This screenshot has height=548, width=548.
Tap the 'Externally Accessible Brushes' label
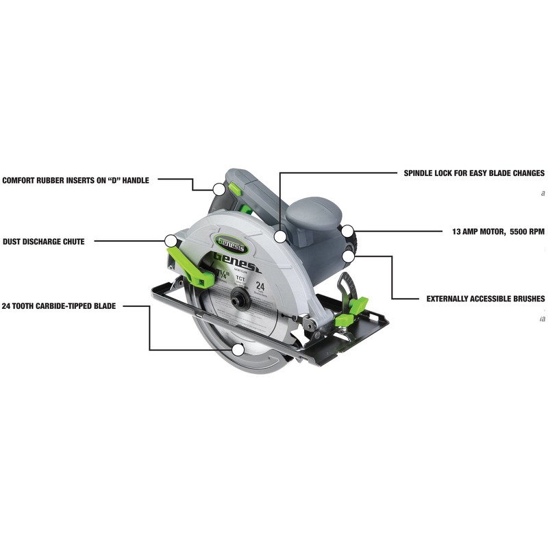(x=486, y=299)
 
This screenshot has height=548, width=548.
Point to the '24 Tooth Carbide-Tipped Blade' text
(x=59, y=306)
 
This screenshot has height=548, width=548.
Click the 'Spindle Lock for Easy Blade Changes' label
(x=474, y=173)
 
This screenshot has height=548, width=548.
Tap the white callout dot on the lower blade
(x=238, y=349)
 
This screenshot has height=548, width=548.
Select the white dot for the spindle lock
(x=279, y=237)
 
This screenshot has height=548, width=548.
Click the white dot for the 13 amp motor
(x=348, y=232)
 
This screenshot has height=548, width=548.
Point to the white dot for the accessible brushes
(x=349, y=257)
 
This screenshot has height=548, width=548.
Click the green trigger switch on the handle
(x=234, y=187)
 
